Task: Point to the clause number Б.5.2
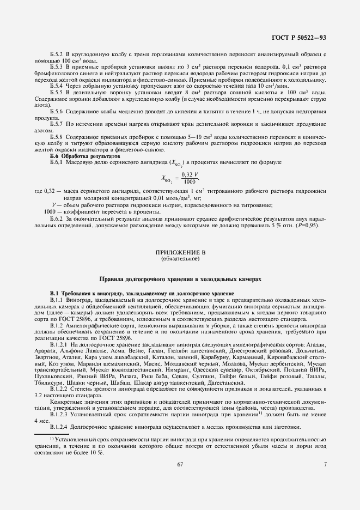click(x=57, y=56)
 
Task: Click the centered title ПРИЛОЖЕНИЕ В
click(x=180, y=253)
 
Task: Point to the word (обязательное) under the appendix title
click(x=180, y=259)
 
